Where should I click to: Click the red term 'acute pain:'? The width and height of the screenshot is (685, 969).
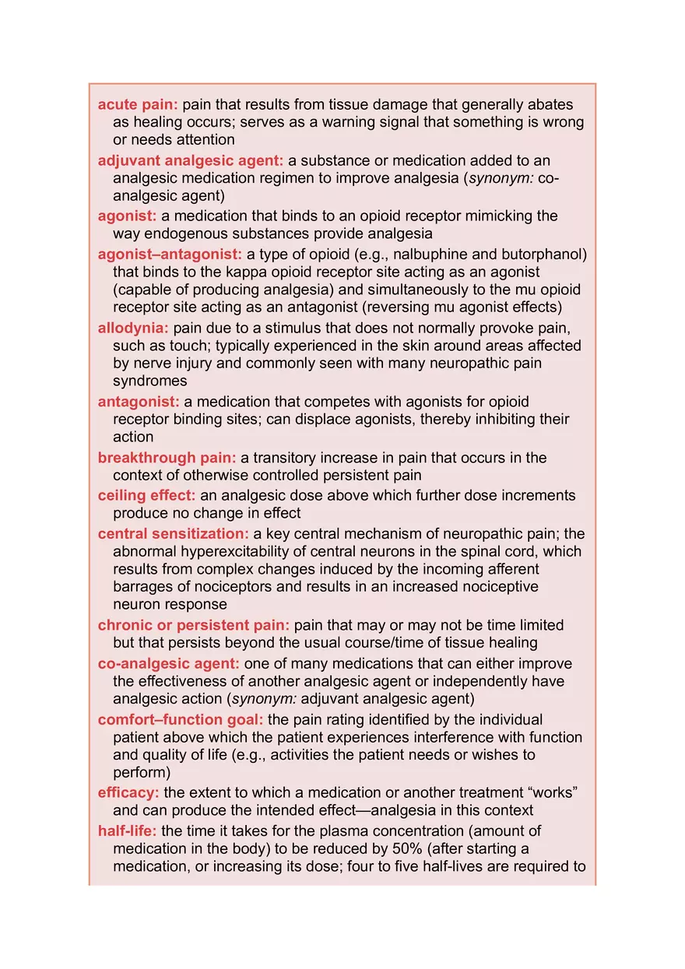coord(138,105)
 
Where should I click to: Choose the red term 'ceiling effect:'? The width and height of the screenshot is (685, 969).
coord(147,496)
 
